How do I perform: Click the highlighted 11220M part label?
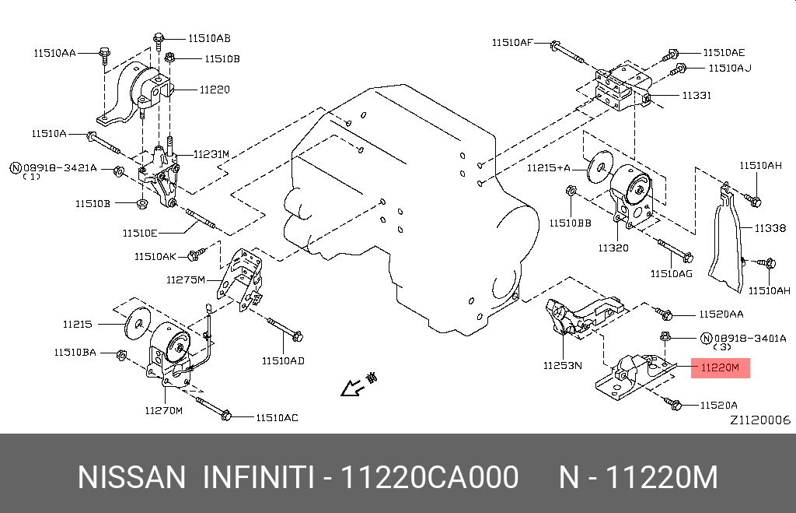[720, 367]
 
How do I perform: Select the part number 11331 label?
[696, 96]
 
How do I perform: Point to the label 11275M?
[185, 279]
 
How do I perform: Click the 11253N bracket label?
[564, 364]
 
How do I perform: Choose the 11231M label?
[211, 154]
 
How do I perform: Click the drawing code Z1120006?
[759, 420]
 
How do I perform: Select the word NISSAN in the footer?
[131, 477]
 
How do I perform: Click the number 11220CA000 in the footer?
[431, 477]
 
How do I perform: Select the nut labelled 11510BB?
[571, 190]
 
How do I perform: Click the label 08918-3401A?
[750, 338]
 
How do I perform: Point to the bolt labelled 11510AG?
[674, 250]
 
